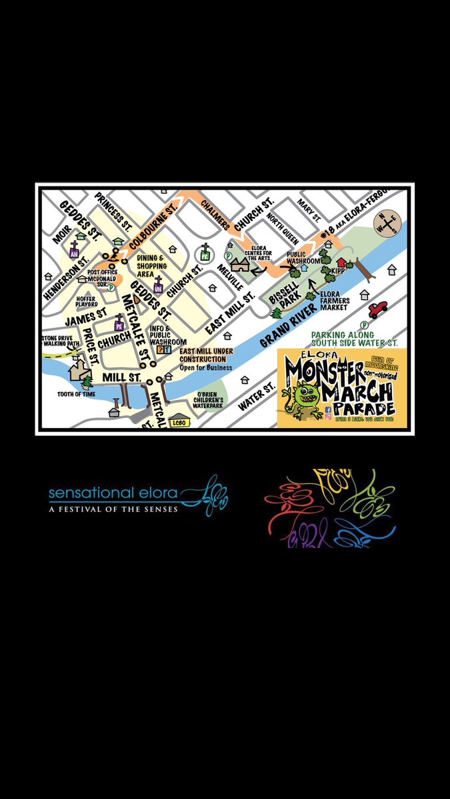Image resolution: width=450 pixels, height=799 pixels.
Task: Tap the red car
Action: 377,309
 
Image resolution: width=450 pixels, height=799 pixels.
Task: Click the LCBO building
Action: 179,422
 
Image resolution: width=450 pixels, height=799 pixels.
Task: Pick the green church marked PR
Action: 205,253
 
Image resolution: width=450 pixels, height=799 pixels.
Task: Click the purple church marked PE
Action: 119,324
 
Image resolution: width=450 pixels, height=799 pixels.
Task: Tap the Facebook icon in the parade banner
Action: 327,411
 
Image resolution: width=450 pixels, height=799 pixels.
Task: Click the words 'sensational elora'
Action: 113,493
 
